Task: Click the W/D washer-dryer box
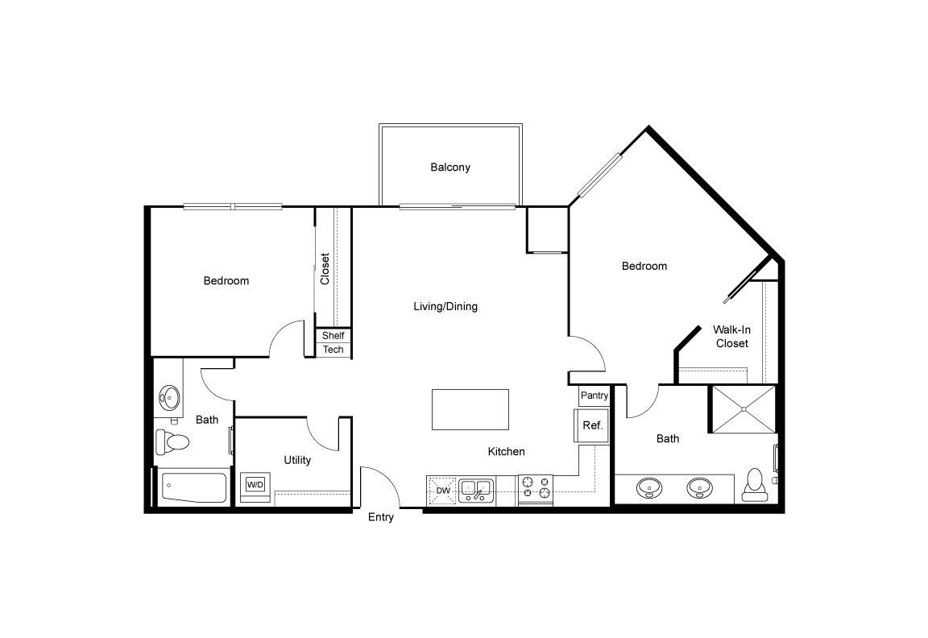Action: (255, 485)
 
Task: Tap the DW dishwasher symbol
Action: (442, 490)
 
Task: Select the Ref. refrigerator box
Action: (592, 425)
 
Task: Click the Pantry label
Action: (594, 396)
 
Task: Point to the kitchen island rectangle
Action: (470, 410)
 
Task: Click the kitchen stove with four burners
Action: (536, 488)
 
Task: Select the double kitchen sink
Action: (476, 490)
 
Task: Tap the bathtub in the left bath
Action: (194, 487)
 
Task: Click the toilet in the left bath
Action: (173, 441)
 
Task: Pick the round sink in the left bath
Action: (169, 396)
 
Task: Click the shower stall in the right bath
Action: (743, 410)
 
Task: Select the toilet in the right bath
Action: (756, 483)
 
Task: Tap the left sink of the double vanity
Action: (649, 487)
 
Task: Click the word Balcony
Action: (450, 168)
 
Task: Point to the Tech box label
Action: (333, 350)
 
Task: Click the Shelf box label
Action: (333, 335)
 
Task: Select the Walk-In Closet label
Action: (731, 336)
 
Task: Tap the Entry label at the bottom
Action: (381, 517)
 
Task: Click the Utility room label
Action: (297, 460)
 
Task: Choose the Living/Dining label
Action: (445, 306)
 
